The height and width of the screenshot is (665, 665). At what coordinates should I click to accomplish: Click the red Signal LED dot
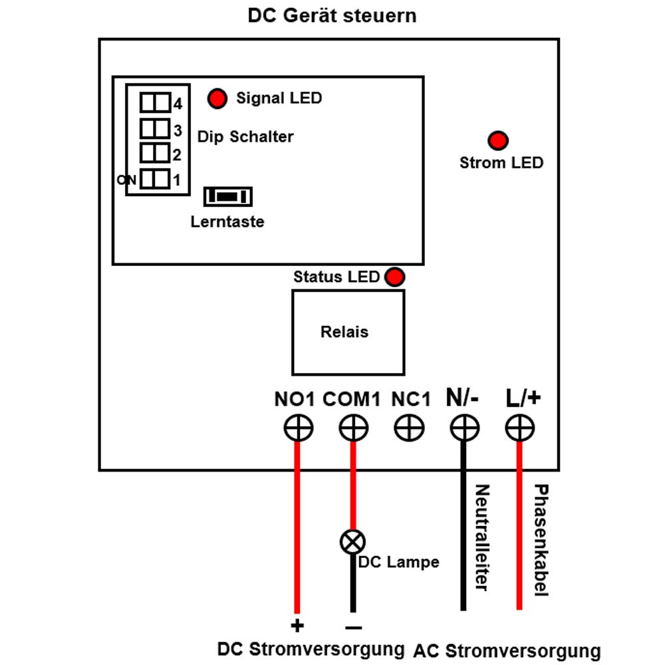point(217,98)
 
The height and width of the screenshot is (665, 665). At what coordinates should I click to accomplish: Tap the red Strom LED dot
point(498,140)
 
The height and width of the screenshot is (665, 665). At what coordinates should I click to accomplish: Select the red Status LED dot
point(394,277)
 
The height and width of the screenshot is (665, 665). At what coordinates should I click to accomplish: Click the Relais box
point(348,332)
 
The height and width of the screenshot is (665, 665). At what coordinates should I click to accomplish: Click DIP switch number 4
point(155,102)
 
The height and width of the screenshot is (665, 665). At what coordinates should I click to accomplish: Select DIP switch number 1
point(155,179)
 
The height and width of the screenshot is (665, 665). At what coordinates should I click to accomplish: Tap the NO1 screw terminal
point(299,428)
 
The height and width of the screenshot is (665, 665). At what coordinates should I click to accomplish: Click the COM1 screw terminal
point(354,428)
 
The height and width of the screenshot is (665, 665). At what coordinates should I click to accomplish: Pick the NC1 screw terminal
point(409,428)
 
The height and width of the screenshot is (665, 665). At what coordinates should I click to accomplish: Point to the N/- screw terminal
point(465,428)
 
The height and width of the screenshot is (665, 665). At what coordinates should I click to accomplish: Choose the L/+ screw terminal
point(520,428)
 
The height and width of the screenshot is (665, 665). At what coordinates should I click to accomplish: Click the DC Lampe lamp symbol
point(353,541)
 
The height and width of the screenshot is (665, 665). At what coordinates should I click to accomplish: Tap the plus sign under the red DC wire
point(297,626)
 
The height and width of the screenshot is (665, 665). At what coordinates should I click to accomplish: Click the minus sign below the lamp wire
point(354,628)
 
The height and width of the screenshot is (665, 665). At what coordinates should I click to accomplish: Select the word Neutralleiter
point(481,537)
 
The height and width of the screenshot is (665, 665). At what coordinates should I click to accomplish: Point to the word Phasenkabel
point(541,540)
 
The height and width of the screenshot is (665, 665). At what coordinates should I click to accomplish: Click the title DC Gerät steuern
point(332,16)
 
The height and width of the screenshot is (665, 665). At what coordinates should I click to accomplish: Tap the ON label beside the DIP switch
point(126,180)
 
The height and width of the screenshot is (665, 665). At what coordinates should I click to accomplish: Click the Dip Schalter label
point(245,136)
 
